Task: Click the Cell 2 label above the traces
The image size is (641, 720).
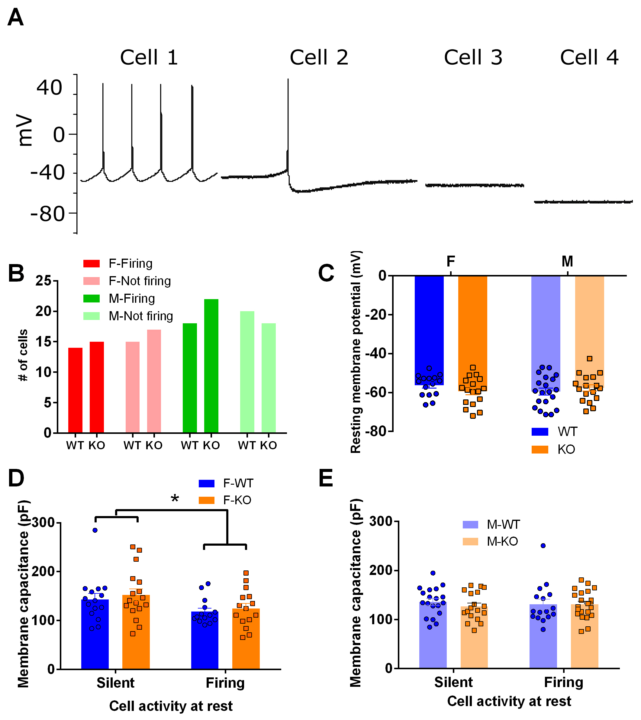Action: pos(319,57)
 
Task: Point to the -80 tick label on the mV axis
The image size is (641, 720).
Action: pos(48,214)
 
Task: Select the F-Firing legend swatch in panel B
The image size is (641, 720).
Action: pos(92,263)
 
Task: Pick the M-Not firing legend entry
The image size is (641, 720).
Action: pos(140,316)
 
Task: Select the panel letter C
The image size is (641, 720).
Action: pos(326,273)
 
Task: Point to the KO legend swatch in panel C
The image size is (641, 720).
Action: pos(540,450)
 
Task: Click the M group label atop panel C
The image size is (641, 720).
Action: pos(567,261)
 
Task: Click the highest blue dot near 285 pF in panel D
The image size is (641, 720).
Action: pos(95,530)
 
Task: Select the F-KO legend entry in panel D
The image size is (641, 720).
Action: pos(237,500)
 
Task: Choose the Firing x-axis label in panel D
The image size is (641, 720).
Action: pos(225,683)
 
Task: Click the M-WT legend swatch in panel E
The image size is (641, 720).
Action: pos(470,525)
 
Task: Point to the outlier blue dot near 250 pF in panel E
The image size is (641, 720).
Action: pos(543,546)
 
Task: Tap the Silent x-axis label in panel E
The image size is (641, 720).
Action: pos(453,682)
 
